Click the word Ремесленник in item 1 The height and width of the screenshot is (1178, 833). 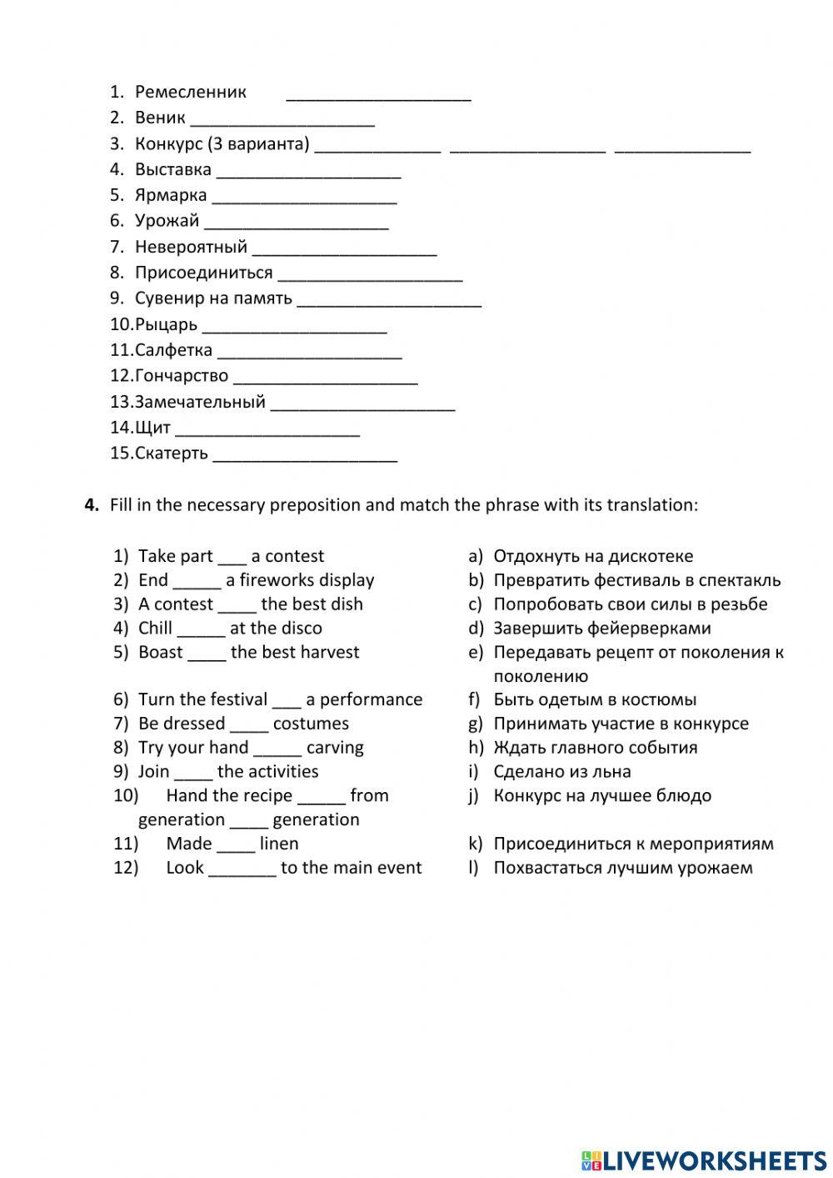pyautogui.click(x=191, y=92)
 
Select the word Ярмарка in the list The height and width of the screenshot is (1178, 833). pyautogui.click(x=171, y=195)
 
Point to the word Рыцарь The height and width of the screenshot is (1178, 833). pyautogui.click(x=166, y=324)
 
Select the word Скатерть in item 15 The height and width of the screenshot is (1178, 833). pyautogui.click(x=171, y=454)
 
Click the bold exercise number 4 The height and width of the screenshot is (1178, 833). pyautogui.click(x=92, y=505)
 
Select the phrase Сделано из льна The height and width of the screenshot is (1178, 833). pyautogui.click(x=561, y=772)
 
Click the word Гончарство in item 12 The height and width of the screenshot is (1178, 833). pyautogui.click(x=181, y=376)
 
